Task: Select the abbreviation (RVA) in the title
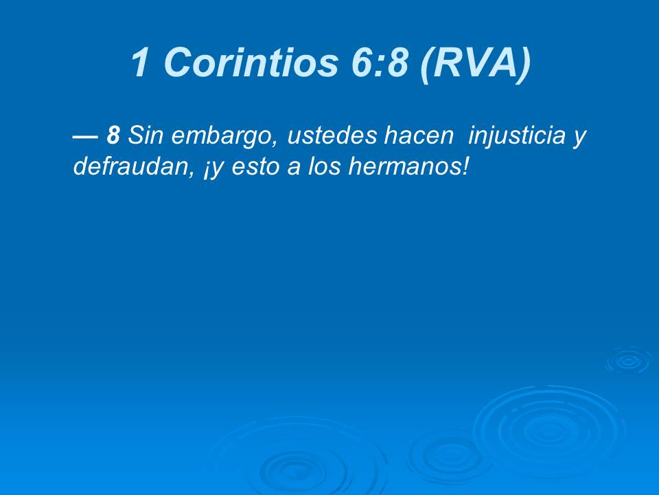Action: click(476, 63)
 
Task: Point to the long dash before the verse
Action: click(84, 136)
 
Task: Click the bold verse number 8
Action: click(113, 136)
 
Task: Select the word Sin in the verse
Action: click(143, 136)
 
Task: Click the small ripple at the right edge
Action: click(627, 360)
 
